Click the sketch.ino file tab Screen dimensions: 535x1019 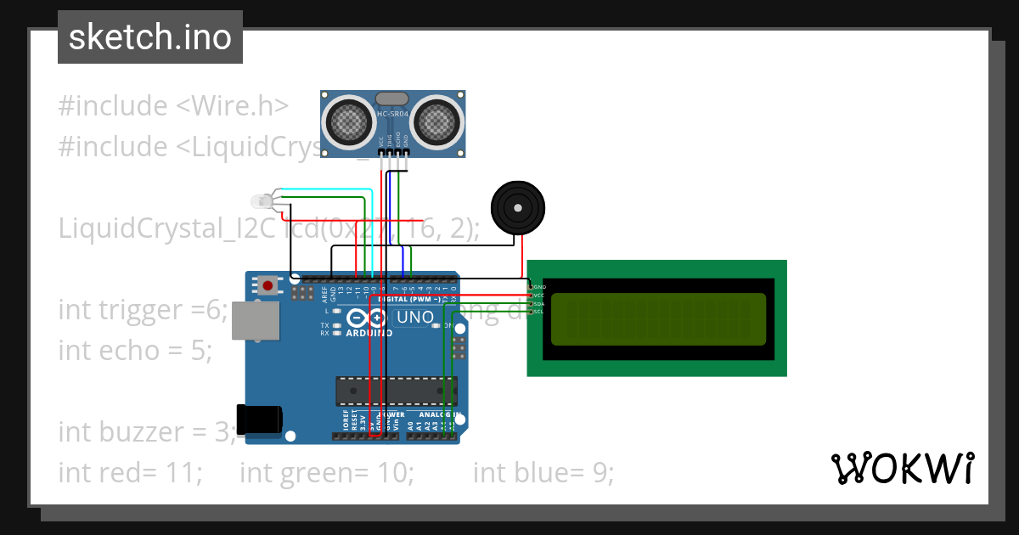[x=150, y=37]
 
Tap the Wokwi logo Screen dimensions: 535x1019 [x=902, y=468]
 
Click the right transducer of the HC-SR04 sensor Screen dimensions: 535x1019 [x=437, y=121]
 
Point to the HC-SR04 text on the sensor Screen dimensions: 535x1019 [x=392, y=114]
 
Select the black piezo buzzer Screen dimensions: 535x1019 [x=518, y=206]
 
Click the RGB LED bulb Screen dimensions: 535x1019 [x=262, y=202]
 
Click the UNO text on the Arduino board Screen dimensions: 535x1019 [x=415, y=318]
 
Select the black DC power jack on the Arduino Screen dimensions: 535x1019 [x=259, y=420]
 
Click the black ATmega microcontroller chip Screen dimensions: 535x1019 [x=397, y=391]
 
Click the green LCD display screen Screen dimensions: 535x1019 [x=658, y=319]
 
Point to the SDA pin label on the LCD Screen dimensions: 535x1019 [x=538, y=304]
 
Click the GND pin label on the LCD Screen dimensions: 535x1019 [x=538, y=287]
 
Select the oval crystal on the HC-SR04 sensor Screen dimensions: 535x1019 [x=391, y=100]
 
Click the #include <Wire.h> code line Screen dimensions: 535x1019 [x=173, y=106]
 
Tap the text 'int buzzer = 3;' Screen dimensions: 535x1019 [x=147, y=432]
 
